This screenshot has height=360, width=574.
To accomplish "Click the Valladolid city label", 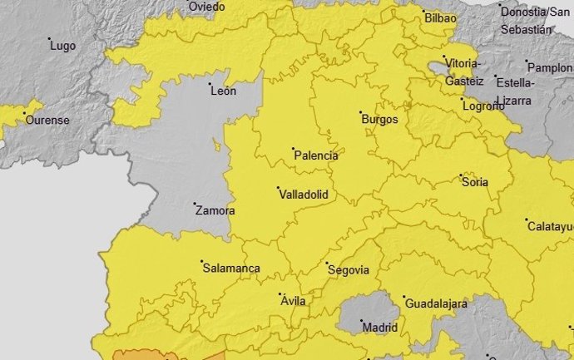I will tap(304, 195).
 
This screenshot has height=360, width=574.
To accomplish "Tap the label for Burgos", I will tap(380, 120).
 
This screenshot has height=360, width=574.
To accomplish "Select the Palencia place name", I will tap(317, 155).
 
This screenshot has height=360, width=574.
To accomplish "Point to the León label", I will tap(224, 91).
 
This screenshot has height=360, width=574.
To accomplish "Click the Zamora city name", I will tap(215, 211).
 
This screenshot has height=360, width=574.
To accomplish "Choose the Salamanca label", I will tap(231, 269).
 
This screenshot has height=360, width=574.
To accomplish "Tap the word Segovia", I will tap(349, 269).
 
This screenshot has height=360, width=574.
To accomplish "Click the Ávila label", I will tap(292, 301).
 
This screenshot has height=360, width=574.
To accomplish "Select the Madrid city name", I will tap(380, 328).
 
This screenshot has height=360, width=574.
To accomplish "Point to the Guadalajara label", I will tap(436, 304).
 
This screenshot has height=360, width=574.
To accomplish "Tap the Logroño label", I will tap(483, 106).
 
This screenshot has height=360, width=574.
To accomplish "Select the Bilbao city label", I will tap(440, 18).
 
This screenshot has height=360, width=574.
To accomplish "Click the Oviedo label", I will tap(206, 7).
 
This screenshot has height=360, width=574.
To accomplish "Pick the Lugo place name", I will tap(62, 46).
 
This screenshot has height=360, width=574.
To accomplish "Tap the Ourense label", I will tap(47, 120).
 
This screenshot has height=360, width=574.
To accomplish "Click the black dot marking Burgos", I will tap(360, 112).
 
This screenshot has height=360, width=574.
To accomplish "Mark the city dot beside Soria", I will tap(462, 175).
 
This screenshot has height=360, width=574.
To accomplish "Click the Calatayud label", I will tap(551, 226).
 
